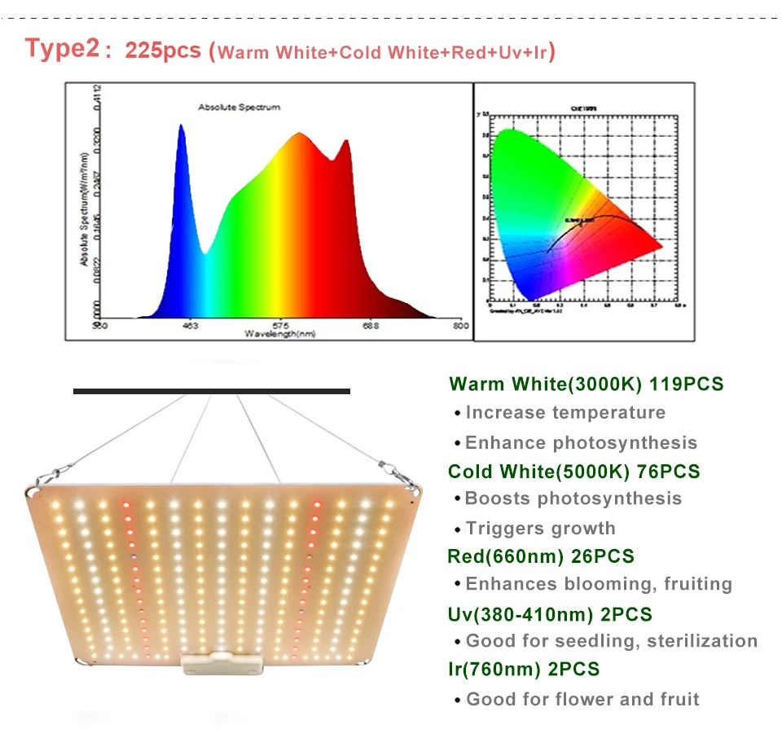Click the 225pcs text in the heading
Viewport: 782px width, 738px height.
162,50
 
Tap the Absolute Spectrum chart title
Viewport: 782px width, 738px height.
239,107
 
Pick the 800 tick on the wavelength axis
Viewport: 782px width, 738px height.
459,326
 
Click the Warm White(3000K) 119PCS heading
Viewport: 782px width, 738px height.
586,384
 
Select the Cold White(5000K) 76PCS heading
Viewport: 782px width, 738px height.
573,471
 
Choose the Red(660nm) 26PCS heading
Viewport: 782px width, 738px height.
541,556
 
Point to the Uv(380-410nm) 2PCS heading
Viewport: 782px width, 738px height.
550,613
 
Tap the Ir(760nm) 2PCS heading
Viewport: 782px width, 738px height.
524,669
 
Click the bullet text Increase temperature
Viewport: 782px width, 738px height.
565,413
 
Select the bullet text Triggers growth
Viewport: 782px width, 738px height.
540,529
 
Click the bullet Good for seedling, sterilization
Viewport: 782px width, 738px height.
611,641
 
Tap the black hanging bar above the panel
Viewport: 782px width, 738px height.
212,392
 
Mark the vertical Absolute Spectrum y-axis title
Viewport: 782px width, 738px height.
84,208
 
